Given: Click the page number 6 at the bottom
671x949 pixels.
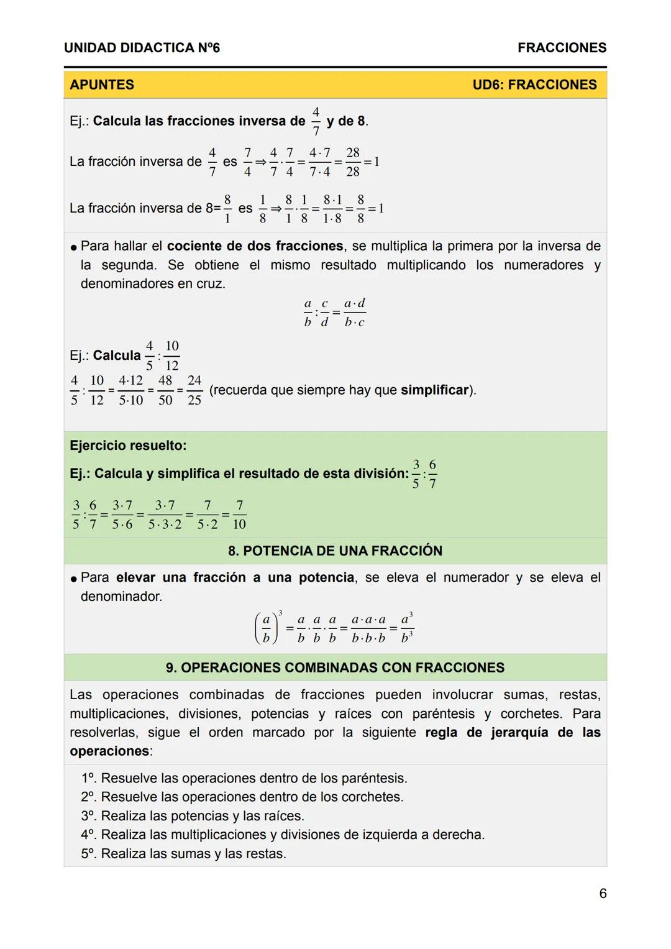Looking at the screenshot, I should (x=602, y=893).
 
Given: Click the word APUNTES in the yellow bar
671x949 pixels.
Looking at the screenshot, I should (x=102, y=85).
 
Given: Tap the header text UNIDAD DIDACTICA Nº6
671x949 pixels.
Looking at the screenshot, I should (x=142, y=48).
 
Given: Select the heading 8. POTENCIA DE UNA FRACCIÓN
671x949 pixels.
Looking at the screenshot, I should (x=335, y=551).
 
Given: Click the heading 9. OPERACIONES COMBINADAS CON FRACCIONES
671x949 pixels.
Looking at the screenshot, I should (x=335, y=667).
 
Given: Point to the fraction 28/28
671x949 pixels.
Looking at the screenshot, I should (x=353, y=162).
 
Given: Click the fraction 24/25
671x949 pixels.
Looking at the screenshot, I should (x=194, y=390).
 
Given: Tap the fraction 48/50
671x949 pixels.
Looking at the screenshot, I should (x=165, y=390).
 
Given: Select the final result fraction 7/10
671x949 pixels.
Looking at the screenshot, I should (x=239, y=515).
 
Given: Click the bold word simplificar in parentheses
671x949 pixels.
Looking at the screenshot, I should (x=434, y=390).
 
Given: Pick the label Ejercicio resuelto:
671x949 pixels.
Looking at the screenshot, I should (x=128, y=446).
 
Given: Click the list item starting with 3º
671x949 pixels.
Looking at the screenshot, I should (x=193, y=815).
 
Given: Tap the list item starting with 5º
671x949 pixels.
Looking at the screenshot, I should (x=183, y=853).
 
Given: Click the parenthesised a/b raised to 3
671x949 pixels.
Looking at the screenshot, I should (x=268, y=628).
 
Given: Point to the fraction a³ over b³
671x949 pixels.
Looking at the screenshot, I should (x=406, y=628).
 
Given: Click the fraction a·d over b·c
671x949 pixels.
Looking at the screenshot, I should (x=355, y=313).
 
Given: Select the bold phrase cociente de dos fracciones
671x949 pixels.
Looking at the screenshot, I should (x=255, y=246).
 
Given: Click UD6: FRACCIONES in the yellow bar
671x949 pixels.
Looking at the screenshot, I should (x=534, y=85).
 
